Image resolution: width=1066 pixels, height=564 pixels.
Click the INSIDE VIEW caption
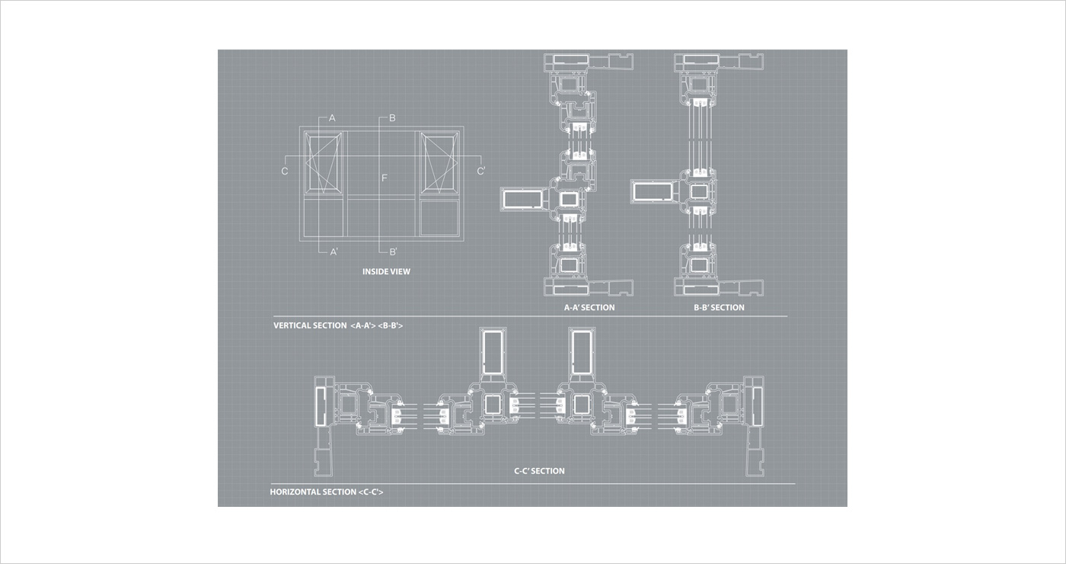coord(386,271)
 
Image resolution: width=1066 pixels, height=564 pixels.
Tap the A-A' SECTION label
coord(589,308)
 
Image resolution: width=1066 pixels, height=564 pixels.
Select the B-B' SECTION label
coord(719,308)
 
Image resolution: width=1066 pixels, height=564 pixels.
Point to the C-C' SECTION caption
coord(539,471)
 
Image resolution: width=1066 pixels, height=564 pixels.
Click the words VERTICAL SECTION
coord(310,326)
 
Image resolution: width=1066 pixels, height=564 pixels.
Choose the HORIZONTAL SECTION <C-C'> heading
coord(327,492)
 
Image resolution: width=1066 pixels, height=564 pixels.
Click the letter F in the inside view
coord(385,178)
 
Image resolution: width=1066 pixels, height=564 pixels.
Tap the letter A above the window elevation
coord(332,118)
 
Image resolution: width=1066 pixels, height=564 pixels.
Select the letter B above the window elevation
coord(392,118)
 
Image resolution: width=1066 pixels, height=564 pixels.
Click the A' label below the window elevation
coord(334,252)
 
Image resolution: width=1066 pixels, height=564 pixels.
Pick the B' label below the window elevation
coord(394,252)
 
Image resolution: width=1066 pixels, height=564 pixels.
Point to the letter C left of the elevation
coord(285,171)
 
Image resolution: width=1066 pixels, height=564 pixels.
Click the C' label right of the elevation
coord(481,171)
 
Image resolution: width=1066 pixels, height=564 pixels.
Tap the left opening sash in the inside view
coord(324,163)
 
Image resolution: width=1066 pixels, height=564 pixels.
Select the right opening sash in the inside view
coord(439,163)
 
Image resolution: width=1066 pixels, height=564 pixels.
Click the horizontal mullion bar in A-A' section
coord(523,199)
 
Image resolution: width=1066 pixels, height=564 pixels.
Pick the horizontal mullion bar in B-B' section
coord(654,191)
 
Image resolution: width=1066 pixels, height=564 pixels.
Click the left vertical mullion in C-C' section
coord(493,352)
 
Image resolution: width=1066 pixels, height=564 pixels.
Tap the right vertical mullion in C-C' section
coord(582,352)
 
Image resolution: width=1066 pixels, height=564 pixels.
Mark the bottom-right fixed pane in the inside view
coord(440,218)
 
